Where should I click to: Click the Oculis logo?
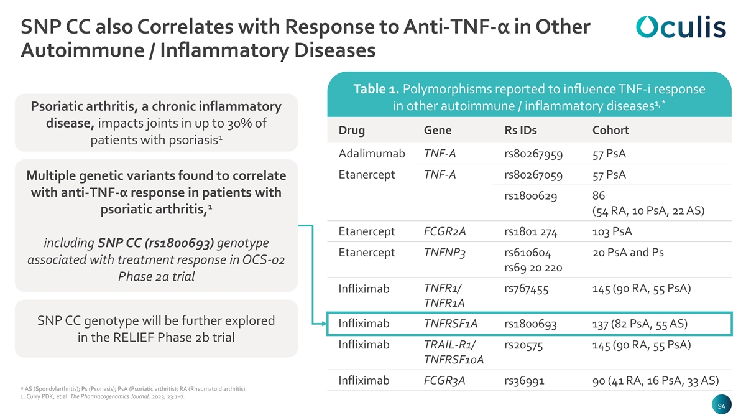coord(681,27)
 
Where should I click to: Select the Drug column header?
coord(351,130)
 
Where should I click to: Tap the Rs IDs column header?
coord(520,130)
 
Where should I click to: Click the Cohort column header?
coord(610,130)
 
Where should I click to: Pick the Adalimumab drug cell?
coord(372,154)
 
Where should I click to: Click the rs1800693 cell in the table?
coord(530,324)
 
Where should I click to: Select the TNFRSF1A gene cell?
coord(451,324)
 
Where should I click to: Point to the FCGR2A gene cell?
coord(444,231)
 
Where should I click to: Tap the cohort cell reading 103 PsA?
coord(612,231)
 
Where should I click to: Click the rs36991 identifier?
coord(524,381)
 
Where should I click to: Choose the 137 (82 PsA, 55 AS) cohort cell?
coord(640,324)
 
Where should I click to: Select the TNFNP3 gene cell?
coord(444,253)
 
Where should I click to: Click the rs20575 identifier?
coord(523,345)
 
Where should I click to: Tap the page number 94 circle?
coord(721,406)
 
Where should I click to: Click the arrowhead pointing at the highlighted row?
coord(324,324)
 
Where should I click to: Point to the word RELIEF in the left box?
coord(133,337)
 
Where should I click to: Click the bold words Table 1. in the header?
coord(376,90)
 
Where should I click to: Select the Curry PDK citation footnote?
coord(102,397)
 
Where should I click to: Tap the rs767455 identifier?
coord(526,289)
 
